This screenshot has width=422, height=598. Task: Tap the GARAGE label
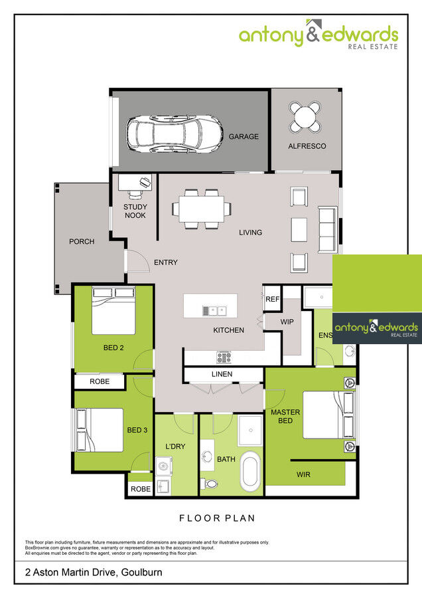pos(244,137)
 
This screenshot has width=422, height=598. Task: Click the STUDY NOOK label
pos(135,211)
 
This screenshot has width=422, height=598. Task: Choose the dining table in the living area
pos(202,209)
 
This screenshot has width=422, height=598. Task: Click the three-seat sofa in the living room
pos(327,230)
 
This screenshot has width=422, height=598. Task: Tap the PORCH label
pos(82,242)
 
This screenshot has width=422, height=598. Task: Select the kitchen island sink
pos(215,310)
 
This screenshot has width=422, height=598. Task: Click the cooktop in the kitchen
pos(223,357)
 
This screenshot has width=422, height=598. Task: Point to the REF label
pos(272,300)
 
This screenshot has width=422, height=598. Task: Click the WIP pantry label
pos(287,322)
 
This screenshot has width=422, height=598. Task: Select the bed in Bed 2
pos(113,310)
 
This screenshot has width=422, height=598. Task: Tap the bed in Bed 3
pos(99,429)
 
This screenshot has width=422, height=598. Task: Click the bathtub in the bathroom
pos(250,470)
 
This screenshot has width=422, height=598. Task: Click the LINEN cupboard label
pos(222,374)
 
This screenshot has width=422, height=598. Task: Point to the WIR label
pos(303,474)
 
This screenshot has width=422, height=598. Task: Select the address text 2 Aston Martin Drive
pos(94,571)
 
